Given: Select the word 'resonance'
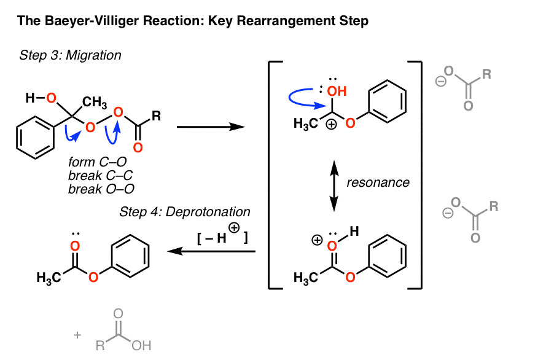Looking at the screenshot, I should tap(378, 182).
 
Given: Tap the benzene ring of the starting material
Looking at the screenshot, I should tap(36, 133).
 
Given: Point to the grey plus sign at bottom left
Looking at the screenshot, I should tap(77, 335).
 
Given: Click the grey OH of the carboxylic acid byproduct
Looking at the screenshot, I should tap(141, 346).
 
